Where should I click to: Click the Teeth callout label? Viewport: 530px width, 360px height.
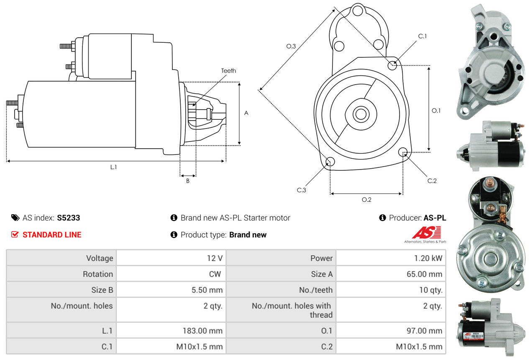click(228, 71)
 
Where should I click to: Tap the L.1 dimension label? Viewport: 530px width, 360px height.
click(113, 167)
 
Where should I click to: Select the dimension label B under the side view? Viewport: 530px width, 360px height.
click(188, 181)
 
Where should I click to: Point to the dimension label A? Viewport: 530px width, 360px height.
click(246, 113)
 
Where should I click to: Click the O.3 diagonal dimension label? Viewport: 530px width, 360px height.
click(291, 46)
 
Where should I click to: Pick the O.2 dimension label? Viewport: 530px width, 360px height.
click(366, 199)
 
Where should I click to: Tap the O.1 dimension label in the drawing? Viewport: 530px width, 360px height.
click(436, 111)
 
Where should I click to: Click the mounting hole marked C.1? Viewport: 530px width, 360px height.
click(392, 65)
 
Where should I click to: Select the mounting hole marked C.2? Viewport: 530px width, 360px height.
click(403, 152)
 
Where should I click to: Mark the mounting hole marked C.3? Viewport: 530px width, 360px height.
click(330, 162)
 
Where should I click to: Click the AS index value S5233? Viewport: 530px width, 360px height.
click(69, 218)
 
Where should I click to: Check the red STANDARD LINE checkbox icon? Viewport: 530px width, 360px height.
click(15, 235)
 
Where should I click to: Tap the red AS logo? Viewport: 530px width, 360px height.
click(426, 232)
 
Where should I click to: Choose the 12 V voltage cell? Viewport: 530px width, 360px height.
click(214, 258)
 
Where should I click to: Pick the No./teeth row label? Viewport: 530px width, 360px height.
click(315, 290)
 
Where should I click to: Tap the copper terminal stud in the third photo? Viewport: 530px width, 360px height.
click(487, 184)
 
